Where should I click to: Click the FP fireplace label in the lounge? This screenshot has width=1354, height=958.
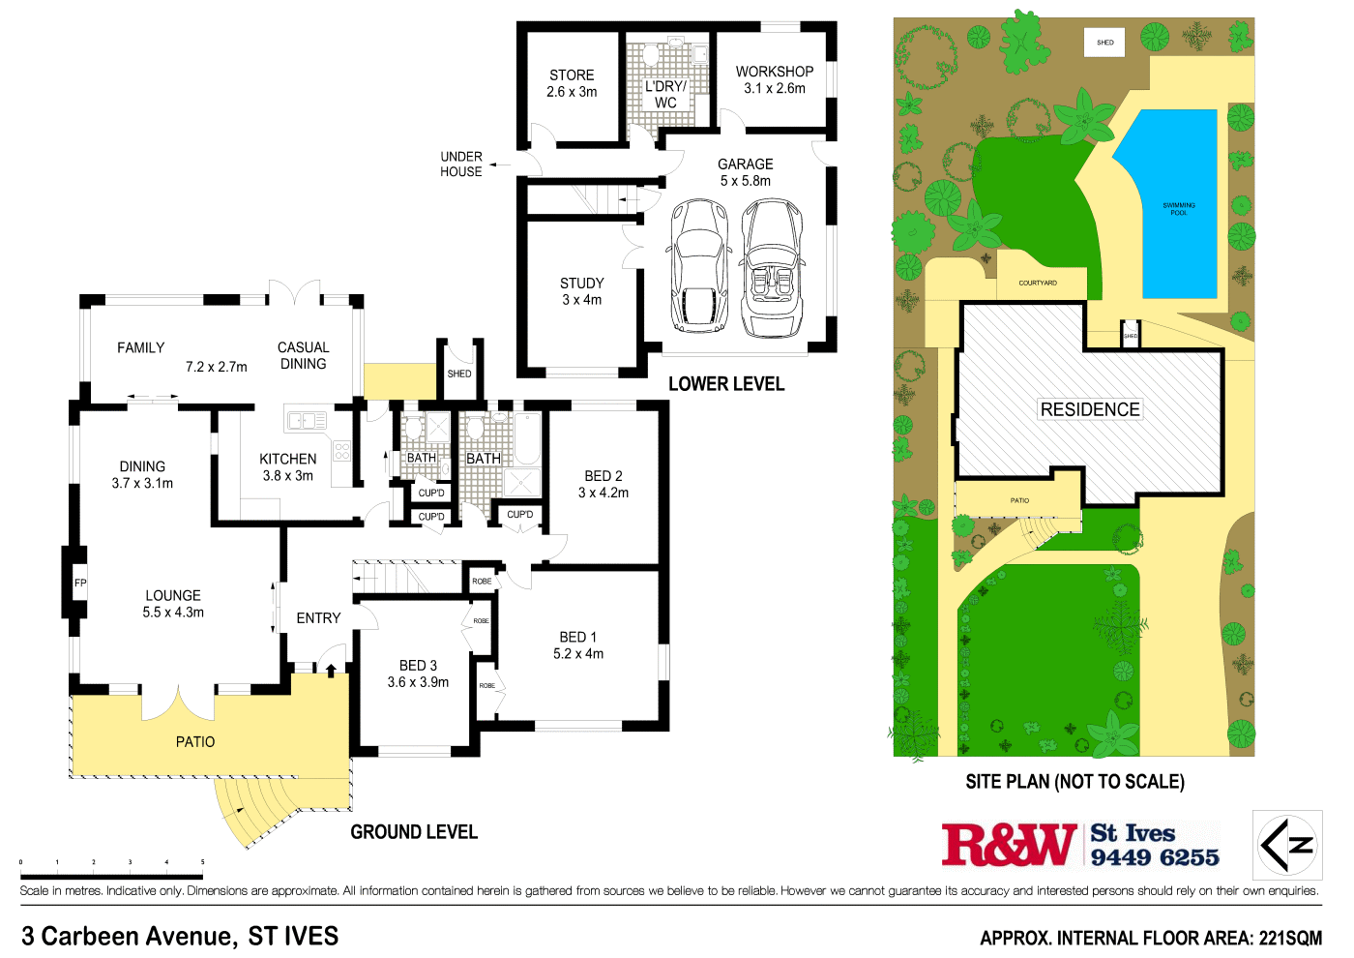point(80,583)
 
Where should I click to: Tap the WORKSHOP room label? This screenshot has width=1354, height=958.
point(775,72)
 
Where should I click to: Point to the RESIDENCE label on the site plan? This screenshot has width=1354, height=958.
point(1090,409)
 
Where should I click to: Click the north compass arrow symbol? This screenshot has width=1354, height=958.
point(1287,845)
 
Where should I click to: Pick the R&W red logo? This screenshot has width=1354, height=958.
point(1009,845)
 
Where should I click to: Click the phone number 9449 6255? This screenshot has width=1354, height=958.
point(1155,857)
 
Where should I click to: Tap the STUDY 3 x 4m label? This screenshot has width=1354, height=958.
point(582,291)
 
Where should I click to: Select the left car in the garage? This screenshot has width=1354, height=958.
point(698,264)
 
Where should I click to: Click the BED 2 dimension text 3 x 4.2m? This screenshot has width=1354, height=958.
point(603,493)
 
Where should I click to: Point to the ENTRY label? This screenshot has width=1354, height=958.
point(318,617)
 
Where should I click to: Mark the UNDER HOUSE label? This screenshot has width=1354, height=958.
point(461,164)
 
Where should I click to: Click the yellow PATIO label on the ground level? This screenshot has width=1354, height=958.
point(195,741)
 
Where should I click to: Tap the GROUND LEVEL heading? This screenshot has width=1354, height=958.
point(414,832)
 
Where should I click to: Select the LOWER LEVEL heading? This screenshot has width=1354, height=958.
point(726,384)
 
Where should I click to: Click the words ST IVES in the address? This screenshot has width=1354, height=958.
point(293,936)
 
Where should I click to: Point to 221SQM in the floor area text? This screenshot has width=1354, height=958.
point(1290,938)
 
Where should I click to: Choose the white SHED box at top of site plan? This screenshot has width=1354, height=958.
point(1104,43)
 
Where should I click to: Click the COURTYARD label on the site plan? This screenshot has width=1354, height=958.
point(1038,283)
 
